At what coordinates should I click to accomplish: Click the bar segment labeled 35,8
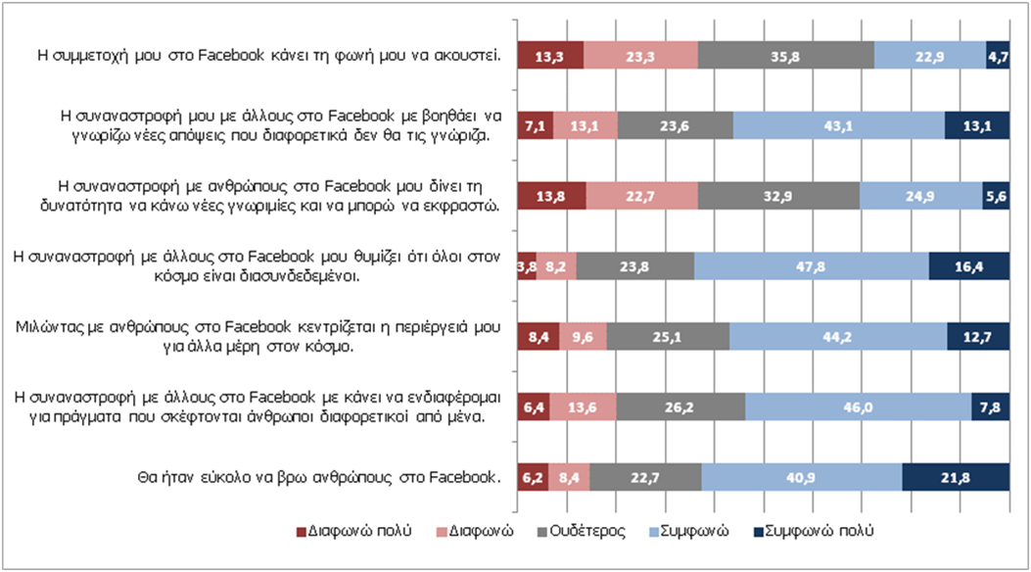point(785,56)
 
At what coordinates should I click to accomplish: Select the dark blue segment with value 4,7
point(998,56)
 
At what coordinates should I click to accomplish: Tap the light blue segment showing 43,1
point(838,125)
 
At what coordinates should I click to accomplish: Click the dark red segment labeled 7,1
point(535,125)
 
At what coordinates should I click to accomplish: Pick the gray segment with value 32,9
point(778,195)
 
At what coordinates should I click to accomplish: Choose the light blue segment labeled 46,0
point(858,405)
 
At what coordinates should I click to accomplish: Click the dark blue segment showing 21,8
point(955,476)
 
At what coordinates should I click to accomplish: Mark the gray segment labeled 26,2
point(680,405)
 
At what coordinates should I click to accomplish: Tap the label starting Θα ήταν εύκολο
point(318,477)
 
